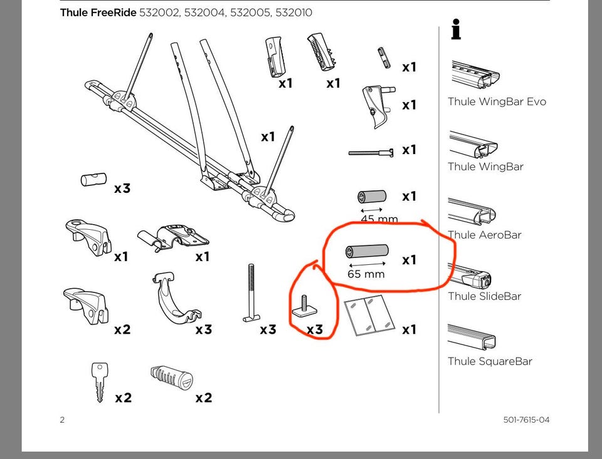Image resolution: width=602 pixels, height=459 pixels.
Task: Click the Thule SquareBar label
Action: tap(490, 361)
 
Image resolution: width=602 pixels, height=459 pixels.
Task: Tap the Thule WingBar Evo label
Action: tap(497, 101)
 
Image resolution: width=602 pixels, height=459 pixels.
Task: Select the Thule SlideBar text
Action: tap(485, 296)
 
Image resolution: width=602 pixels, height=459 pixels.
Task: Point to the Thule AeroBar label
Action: tap(485, 235)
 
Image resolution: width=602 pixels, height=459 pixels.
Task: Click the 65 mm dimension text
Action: tap(366, 274)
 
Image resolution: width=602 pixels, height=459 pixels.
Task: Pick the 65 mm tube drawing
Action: tap(367, 251)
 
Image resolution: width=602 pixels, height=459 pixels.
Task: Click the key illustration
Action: tap(100, 382)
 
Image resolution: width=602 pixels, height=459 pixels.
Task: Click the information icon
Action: tap(456, 29)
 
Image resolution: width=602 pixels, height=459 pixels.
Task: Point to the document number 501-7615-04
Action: tap(526, 420)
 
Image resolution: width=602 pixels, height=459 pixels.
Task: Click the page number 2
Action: tap(62, 420)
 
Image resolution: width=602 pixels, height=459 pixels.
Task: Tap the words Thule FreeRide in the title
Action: tap(98, 13)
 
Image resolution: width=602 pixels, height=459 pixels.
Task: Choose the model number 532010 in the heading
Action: tap(293, 13)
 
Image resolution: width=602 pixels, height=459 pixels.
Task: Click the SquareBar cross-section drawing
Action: tap(472, 336)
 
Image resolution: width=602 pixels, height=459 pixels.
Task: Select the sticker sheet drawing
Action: tap(369, 315)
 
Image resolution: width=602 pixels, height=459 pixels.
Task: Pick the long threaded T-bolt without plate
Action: tap(251, 292)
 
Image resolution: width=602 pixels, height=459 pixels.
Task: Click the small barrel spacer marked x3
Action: tap(93, 180)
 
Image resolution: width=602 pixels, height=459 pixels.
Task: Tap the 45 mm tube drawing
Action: tap(372, 197)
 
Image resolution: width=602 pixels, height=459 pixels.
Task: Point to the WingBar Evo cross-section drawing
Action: tap(475, 75)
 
